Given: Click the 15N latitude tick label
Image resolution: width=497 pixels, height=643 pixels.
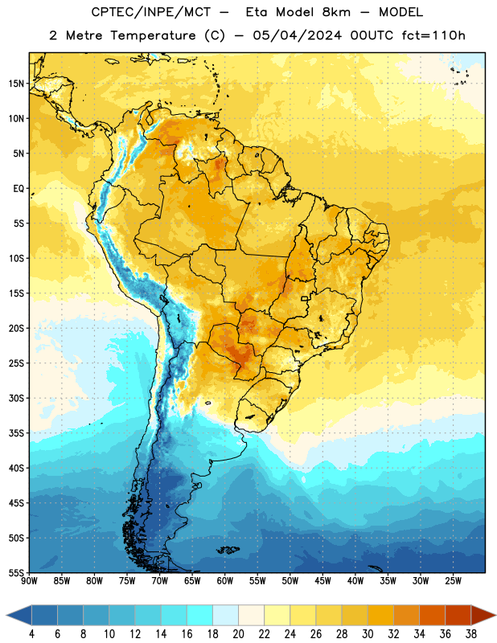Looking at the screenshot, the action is (16, 84).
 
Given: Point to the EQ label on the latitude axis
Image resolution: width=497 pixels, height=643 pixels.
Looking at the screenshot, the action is (18, 189).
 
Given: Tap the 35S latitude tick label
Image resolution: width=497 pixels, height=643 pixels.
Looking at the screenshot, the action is (16, 433).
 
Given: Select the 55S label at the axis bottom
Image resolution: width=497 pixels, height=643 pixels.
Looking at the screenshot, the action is (16, 572).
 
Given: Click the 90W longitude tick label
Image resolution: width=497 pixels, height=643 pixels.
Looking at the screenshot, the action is (29, 581).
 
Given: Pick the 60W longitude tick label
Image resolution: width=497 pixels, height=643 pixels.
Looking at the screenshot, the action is (225, 581).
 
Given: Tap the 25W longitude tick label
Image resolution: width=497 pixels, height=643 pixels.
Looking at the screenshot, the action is (453, 581).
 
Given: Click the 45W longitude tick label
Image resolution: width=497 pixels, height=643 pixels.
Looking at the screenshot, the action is (322, 581).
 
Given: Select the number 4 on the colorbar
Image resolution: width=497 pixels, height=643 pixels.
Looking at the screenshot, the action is (31, 634).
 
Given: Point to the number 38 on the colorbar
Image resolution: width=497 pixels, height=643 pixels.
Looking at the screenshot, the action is (470, 634).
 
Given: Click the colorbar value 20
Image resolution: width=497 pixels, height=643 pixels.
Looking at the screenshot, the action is (238, 634).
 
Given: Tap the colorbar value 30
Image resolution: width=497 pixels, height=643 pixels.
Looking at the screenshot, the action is (368, 634).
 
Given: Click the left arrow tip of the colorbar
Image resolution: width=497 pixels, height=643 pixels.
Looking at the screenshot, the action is (6, 615).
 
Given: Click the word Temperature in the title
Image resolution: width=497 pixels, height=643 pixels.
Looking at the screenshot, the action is (153, 35).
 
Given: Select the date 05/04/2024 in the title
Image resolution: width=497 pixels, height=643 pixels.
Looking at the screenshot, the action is (297, 35).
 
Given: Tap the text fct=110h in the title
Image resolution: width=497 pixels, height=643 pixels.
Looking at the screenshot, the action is (433, 35).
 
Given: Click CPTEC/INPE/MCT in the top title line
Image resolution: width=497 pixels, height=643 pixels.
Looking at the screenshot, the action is (150, 12).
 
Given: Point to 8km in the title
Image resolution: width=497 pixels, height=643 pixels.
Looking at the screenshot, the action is (336, 12).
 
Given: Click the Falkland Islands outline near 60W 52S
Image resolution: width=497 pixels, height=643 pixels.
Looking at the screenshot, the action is (228, 550).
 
